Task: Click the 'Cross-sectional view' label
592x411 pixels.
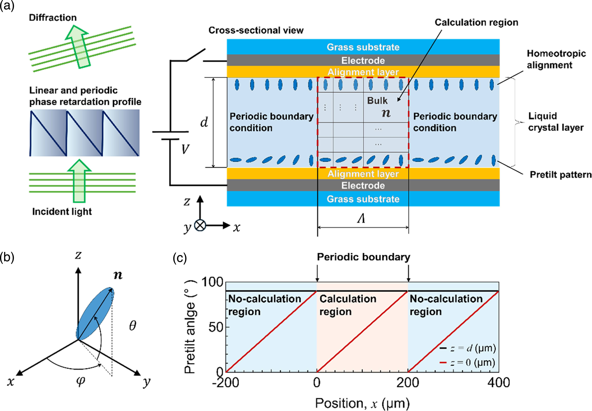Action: [x=256, y=30]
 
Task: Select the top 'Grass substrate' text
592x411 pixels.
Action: [x=363, y=47]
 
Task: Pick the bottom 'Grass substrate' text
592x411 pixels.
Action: [x=363, y=199]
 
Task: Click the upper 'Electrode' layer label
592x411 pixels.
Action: [x=363, y=60]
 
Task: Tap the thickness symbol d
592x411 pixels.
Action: [x=204, y=122]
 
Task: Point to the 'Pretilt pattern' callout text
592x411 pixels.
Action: [x=561, y=175]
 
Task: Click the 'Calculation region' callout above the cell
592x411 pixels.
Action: [x=476, y=22]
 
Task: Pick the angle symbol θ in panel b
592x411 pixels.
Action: [x=132, y=326]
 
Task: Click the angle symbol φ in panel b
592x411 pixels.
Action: [x=81, y=381]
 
